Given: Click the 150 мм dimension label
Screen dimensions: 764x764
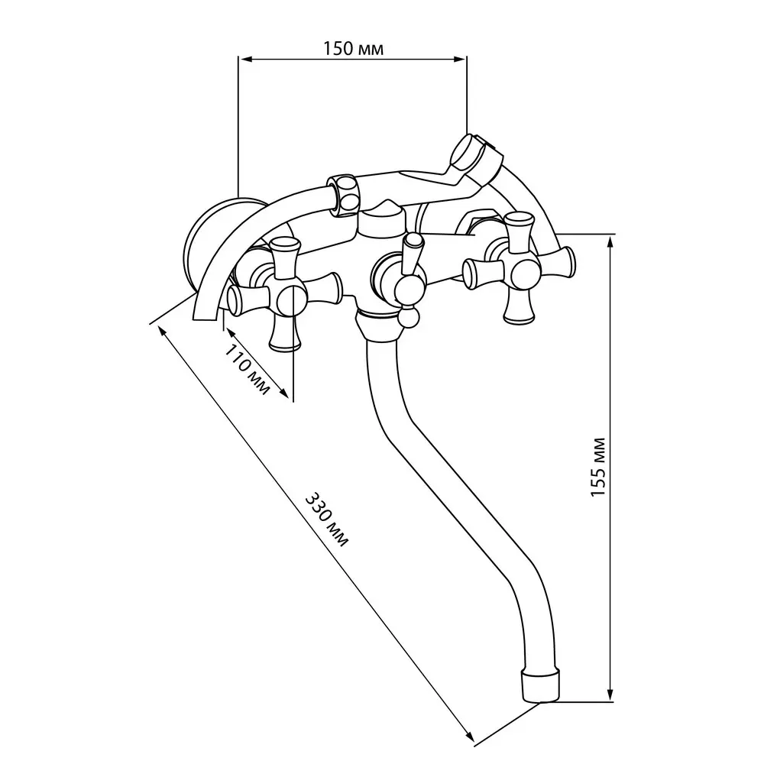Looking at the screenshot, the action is click(x=353, y=48).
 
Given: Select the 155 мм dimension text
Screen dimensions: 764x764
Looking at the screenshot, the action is click(x=598, y=468).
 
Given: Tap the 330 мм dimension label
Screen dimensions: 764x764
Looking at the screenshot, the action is click(x=326, y=520).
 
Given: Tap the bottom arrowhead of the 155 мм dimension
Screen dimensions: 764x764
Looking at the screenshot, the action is click(x=610, y=695).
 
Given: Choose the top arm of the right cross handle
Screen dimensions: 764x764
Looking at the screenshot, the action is click(x=519, y=231).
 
